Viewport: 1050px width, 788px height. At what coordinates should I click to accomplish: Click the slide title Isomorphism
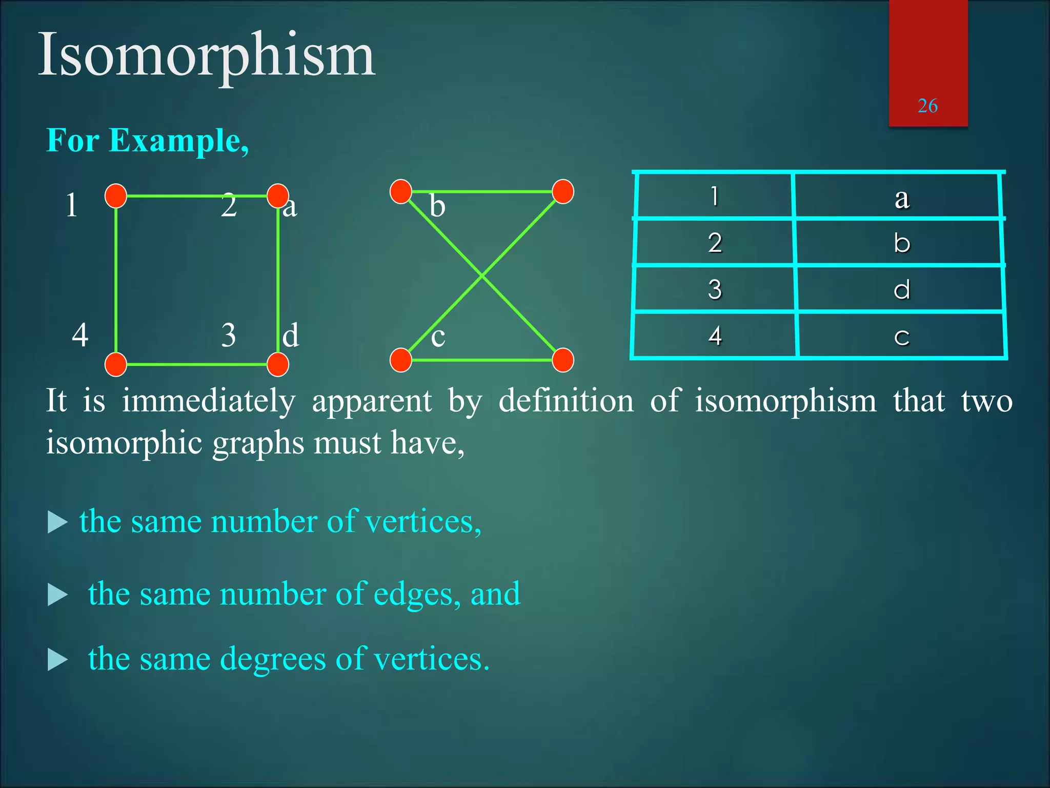tap(207, 55)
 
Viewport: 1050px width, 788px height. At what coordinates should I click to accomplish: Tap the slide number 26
tap(927, 106)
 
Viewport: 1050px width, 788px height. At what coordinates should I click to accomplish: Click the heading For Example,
tap(148, 140)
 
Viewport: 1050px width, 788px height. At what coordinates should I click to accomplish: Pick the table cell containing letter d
tap(901, 289)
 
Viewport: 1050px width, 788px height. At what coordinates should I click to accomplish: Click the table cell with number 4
tap(715, 336)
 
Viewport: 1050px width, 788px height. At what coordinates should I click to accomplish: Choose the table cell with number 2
tap(715, 243)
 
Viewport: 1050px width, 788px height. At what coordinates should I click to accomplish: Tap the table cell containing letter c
tap(901, 336)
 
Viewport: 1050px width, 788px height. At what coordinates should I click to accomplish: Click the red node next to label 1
tap(116, 196)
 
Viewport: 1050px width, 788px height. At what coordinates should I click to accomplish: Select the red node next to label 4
tap(116, 364)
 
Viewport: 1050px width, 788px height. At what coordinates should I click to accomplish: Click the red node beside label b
tap(401, 191)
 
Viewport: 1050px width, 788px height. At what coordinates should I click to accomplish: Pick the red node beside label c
tap(401, 360)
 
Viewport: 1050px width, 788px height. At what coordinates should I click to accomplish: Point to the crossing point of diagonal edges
tap(482, 276)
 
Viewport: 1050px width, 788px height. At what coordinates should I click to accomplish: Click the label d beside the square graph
tap(291, 335)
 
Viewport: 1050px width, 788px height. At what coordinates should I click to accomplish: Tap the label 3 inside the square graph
tap(229, 335)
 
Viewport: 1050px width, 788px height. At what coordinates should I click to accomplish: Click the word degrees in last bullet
tap(273, 659)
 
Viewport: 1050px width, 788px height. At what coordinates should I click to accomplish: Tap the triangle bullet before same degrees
tap(57, 660)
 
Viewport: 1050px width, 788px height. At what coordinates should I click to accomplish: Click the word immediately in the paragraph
tap(209, 401)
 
